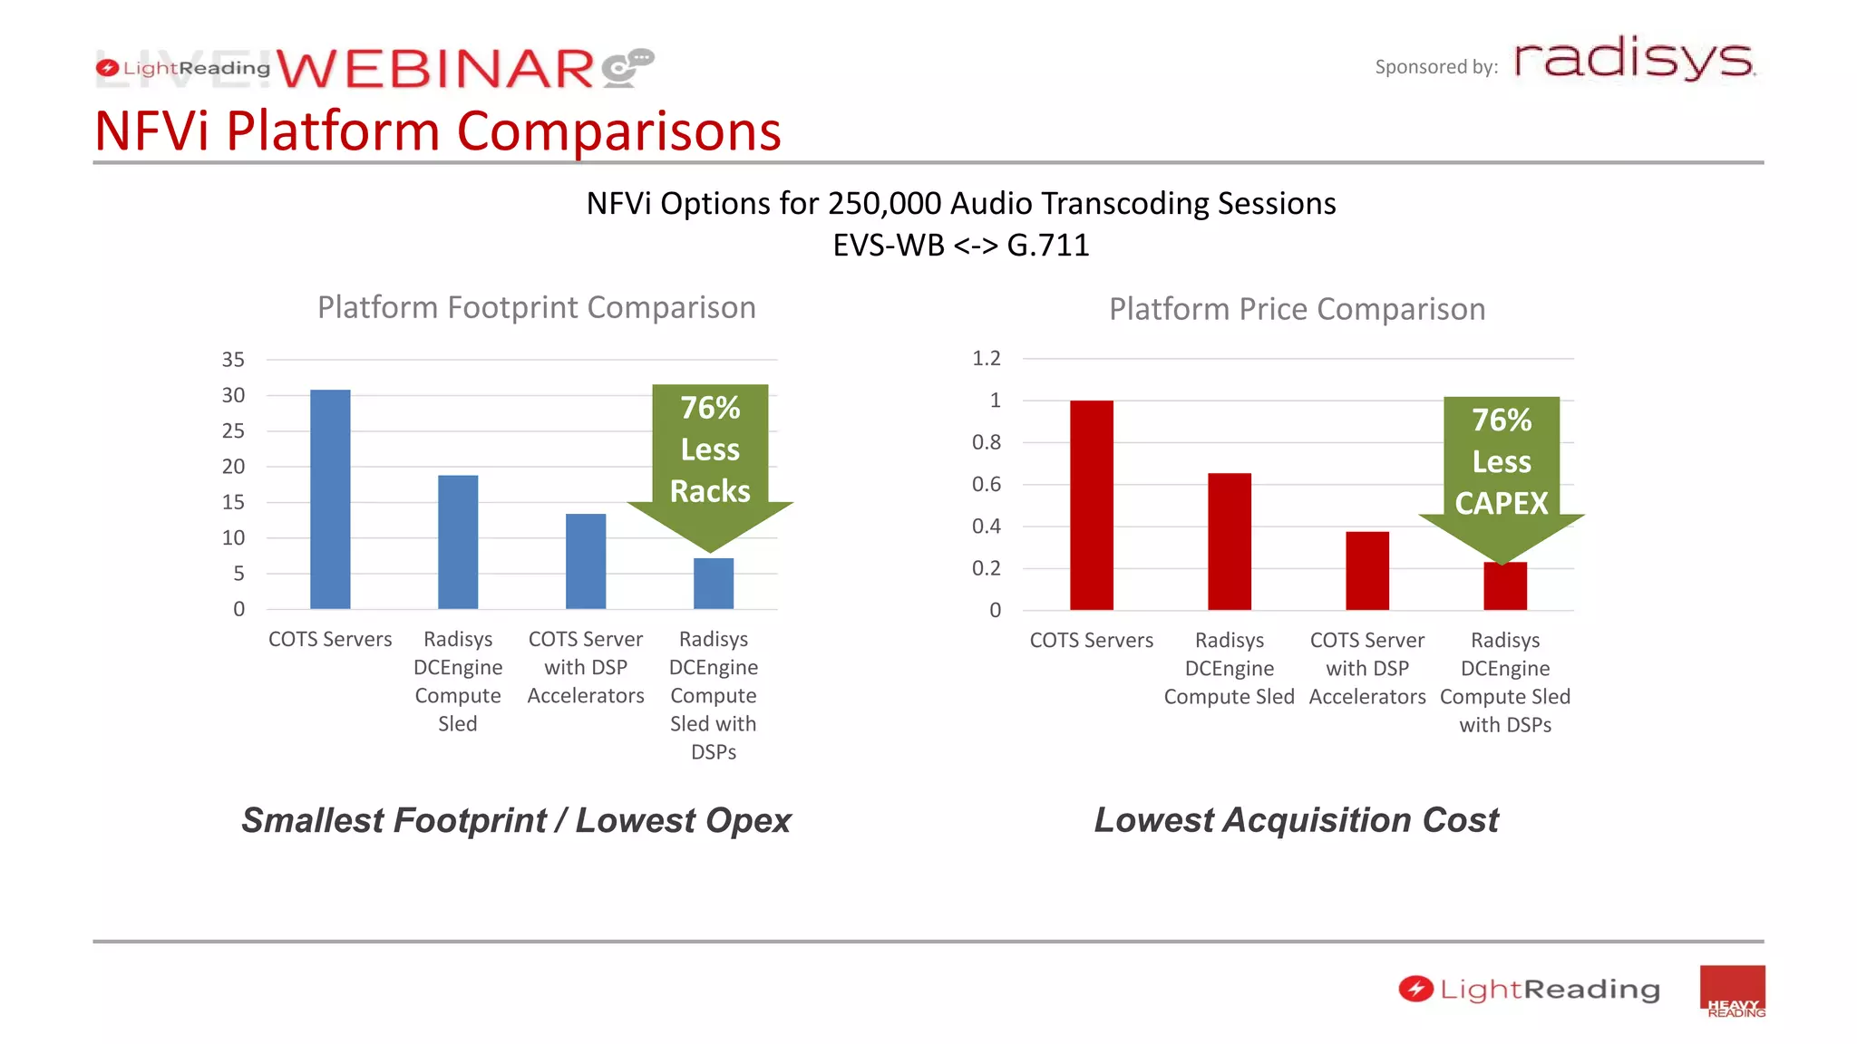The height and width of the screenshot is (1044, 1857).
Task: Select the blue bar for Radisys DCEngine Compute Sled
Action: (458, 542)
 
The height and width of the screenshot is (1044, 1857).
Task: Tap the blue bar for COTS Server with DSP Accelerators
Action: (586, 561)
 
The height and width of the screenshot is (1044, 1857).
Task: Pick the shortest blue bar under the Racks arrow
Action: (714, 584)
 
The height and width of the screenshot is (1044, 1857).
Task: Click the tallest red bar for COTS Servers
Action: (1091, 505)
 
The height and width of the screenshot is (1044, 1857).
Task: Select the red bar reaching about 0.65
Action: (1229, 541)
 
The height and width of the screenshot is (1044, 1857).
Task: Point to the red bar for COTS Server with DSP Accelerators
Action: (1366, 570)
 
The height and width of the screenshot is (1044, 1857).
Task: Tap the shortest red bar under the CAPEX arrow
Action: (1505, 586)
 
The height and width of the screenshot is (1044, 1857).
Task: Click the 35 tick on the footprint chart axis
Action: (233, 360)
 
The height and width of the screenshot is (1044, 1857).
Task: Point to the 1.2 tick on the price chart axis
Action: (986, 358)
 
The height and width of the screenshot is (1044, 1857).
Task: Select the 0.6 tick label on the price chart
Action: (986, 484)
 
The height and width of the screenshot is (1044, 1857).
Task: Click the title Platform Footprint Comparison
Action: (536, 307)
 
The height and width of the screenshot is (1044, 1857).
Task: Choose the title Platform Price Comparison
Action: (1297, 309)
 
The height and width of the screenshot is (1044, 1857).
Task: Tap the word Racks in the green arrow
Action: (710, 491)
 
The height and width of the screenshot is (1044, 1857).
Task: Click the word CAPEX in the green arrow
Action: (1502, 503)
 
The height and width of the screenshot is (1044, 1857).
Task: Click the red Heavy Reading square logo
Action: (1732, 991)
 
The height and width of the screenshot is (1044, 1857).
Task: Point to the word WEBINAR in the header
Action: (435, 70)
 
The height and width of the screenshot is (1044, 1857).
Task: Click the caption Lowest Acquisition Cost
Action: (1296, 819)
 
